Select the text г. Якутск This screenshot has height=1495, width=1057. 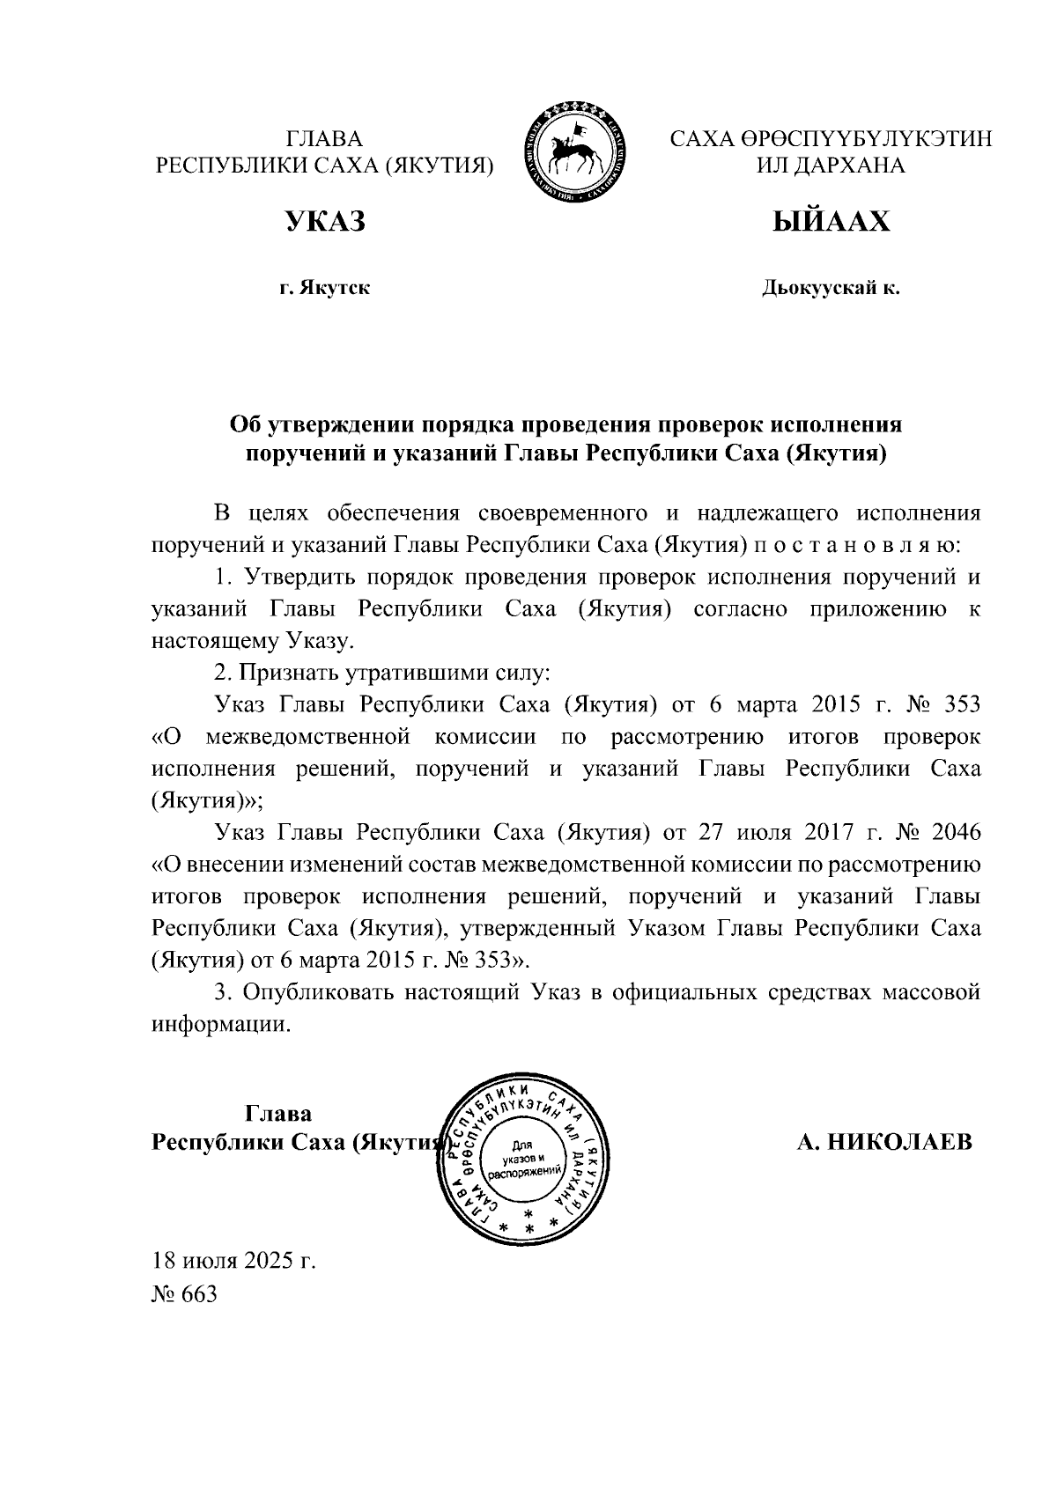[324, 288]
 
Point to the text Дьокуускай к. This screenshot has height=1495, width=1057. [831, 288]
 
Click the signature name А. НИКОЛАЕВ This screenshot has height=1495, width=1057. [884, 1143]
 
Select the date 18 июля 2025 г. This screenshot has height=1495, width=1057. [233, 1262]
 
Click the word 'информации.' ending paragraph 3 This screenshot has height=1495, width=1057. [221, 1025]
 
